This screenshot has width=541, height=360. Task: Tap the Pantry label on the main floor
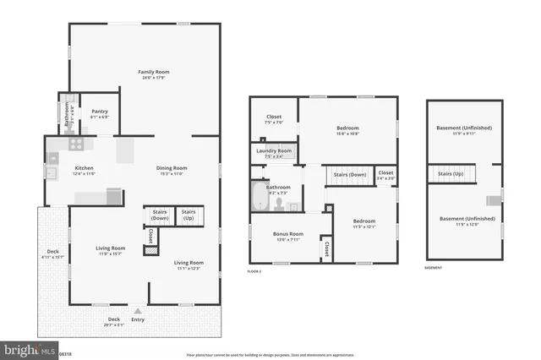pyautogui.click(x=100, y=112)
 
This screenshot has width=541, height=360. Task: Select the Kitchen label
pyautogui.click(x=84, y=168)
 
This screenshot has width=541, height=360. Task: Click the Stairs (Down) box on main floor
pyautogui.click(x=160, y=215)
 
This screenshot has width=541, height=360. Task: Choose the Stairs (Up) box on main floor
pyautogui.click(x=189, y=215)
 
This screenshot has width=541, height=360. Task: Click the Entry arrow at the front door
pyautogui.click(x=138, y=311)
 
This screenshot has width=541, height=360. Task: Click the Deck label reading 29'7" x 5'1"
pyautogui.click(x=113, y=319)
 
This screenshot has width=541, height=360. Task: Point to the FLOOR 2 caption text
pyautogui.click(x=254, y=271)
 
